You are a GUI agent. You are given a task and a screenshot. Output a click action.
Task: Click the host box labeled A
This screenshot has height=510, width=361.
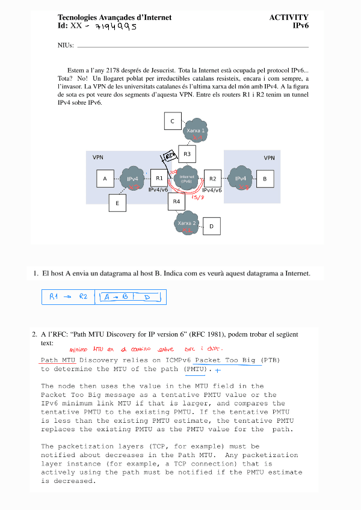[105, 179]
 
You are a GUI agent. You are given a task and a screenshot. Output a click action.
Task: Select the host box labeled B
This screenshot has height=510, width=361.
[265, 179]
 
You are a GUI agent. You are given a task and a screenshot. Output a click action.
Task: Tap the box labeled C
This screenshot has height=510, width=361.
[173, 121]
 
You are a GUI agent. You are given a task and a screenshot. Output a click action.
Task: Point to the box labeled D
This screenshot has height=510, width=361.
[212, 227]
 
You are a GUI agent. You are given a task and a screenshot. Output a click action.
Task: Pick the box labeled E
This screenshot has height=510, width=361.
[117, 204]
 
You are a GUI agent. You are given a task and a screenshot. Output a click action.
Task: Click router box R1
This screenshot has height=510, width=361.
[159, 178]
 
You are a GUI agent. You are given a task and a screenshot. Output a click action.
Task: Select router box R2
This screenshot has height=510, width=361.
[212, 179]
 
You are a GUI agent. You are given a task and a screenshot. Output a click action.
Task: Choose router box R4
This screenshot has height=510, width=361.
[176, 201]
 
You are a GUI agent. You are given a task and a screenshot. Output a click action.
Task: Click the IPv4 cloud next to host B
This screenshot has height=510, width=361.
[241, 179]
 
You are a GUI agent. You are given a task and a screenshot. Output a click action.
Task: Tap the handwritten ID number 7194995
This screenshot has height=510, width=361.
[117, 26]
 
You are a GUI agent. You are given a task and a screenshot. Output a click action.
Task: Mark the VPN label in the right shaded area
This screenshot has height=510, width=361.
[269, 158]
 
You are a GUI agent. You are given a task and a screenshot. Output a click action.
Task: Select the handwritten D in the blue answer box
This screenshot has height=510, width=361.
[146, 297]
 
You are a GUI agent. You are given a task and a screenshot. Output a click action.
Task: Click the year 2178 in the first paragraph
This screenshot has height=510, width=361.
[114, 70]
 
